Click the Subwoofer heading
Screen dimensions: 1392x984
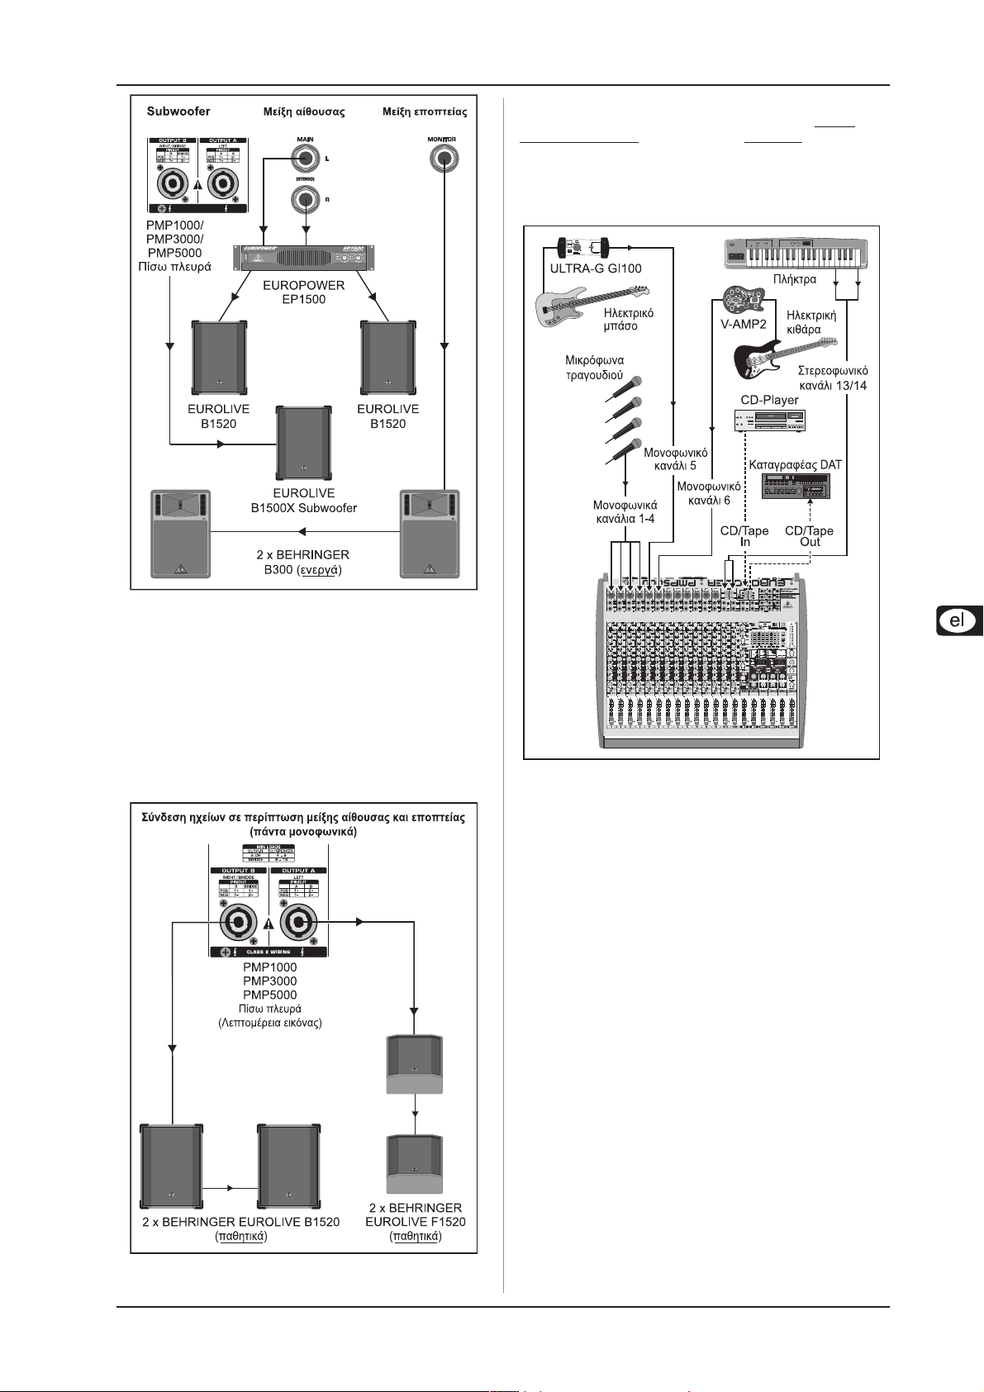pyautogui.click(x=178, y=111)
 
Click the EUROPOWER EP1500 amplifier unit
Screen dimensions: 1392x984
pyautogui.click(x=303, y=257)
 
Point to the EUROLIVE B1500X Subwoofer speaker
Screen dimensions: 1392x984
pyautogui.click(x=304, y=442)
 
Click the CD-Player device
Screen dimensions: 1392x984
pyautogui.click(x=769, y=422)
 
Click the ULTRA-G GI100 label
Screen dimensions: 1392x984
pyautogui.click(x=596, y=268)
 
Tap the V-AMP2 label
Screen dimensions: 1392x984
pyautogui.click(x=744, y=324)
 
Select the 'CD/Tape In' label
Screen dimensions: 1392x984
pyautogui.click(x=744, y=536)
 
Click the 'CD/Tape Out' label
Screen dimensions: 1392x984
pyautogui.click(x=809, y=536)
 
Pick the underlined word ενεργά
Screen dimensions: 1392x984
pyautogui.click(x=319, y=569)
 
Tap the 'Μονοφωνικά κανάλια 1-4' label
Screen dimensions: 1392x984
pyautogui.click(x=625, y=511)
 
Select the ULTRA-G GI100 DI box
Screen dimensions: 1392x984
pyautogui.click(x=583, y=247)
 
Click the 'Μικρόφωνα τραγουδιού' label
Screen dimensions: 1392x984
pyautogui.click(x=594, y=367)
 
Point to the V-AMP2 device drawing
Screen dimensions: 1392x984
pyautogui.click(x=743, y=300)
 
